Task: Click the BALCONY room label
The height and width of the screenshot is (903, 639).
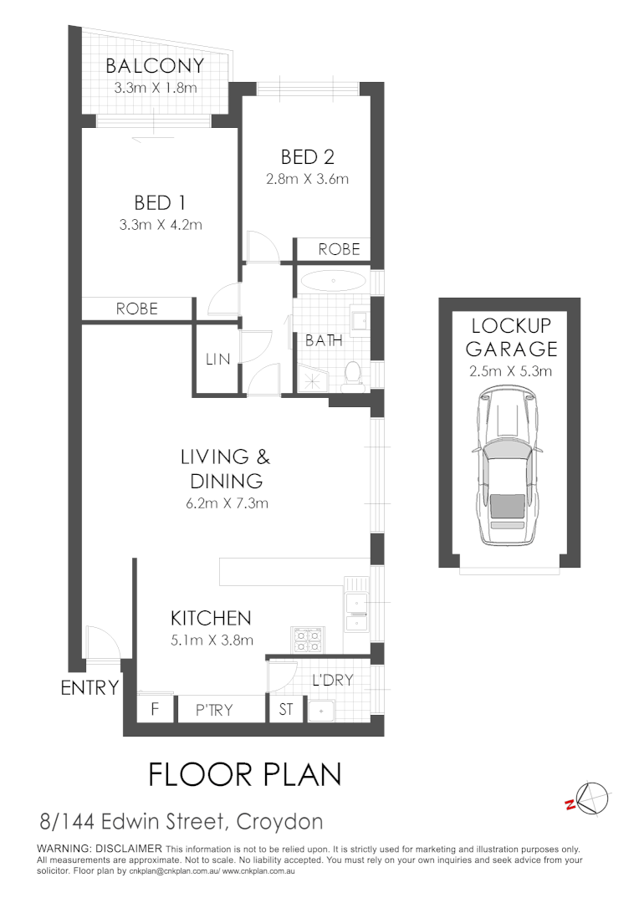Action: [154, 66]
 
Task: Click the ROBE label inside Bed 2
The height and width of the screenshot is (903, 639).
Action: [339, 249]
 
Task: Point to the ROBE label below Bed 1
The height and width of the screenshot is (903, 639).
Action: [137, 308]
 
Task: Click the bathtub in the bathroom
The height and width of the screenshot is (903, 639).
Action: [332, 280]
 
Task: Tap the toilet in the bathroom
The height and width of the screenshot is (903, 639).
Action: [352, 373]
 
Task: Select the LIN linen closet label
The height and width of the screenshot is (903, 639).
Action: [217, 359]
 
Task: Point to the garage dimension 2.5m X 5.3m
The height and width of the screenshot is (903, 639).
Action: [510, 371]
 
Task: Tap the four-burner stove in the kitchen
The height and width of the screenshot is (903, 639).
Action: [305, 640]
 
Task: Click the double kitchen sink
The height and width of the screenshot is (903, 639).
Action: [355, 611]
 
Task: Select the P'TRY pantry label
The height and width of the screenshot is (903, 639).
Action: [214, 710]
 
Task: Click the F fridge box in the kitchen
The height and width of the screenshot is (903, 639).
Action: [156, 710]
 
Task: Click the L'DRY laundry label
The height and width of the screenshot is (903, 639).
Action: [332, 681]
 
